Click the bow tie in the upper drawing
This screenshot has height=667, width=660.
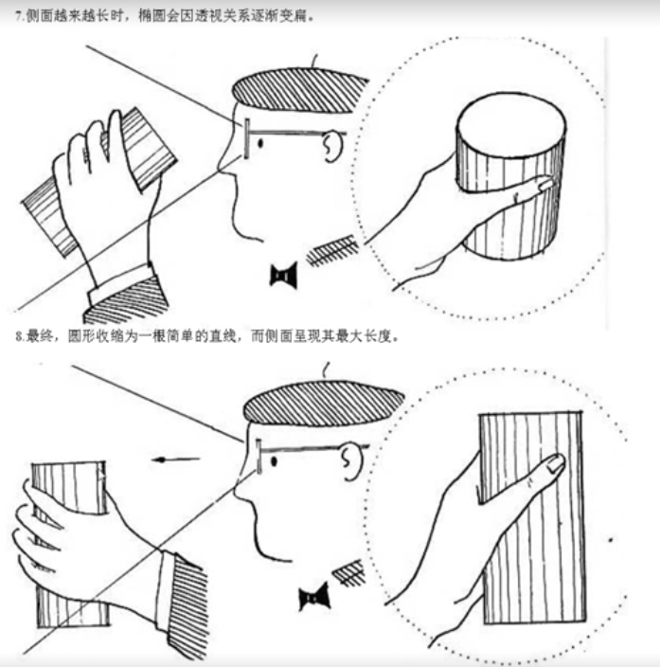[x=284, y=275]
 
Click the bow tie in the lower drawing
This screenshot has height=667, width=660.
[x=314, y=596]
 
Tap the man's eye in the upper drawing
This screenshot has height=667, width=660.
[x=260, y=144]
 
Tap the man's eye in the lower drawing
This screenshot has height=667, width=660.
[x=274, y=461]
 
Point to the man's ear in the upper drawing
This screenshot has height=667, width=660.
[x=333, y=146]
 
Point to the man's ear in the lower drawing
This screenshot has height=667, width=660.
[x=352, y=462]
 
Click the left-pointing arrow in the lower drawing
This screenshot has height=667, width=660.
[x=175, y=460]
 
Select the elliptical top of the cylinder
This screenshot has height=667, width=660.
[x=511, y=119]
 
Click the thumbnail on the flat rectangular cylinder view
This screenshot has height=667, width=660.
[x=555, y=462]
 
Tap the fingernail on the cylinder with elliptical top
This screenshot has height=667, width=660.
[x=545, y=184]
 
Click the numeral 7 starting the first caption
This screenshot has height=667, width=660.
[x=18, y=16]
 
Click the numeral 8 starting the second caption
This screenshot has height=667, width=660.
[x=19, y=336]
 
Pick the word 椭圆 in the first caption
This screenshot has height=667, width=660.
[x=152, y=16]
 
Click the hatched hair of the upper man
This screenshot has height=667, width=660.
[x=300, y=90]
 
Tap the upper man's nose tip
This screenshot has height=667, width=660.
[x=221, y=168]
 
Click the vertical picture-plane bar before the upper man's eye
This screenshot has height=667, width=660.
[x=246, y=138]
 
